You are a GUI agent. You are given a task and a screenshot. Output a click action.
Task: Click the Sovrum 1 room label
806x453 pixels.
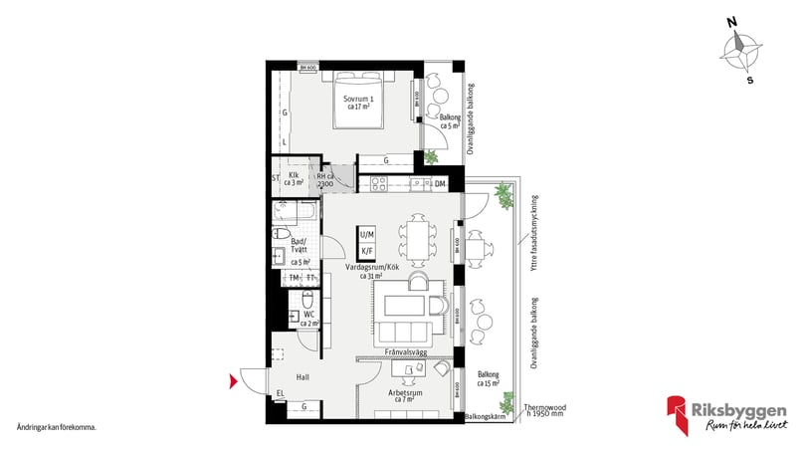click(357, 104)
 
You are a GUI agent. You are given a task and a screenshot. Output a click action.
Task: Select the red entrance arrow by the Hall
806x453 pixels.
click(234, 380)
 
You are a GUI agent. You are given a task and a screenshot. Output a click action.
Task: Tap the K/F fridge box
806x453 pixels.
click(367, 250)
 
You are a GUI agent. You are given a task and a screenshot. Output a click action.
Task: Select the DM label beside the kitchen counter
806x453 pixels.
click(440, 184)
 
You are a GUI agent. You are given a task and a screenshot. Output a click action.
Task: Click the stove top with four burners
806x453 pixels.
click(377, 184)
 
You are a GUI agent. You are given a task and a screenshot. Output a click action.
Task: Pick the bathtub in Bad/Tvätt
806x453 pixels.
click(300, 212)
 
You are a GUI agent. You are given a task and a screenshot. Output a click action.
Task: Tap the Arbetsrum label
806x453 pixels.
click(406, 395)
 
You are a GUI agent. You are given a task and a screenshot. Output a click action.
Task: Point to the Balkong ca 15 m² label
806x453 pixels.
click(490, 377)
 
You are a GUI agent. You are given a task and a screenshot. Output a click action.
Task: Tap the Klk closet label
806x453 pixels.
click(295, 178)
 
